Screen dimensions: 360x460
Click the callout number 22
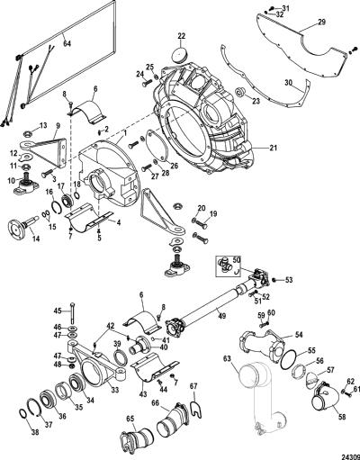181,36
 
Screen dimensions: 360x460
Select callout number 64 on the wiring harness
67,43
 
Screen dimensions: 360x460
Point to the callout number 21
274,148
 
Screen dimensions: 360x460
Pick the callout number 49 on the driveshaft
222,316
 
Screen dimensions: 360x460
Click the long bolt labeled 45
74,312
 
